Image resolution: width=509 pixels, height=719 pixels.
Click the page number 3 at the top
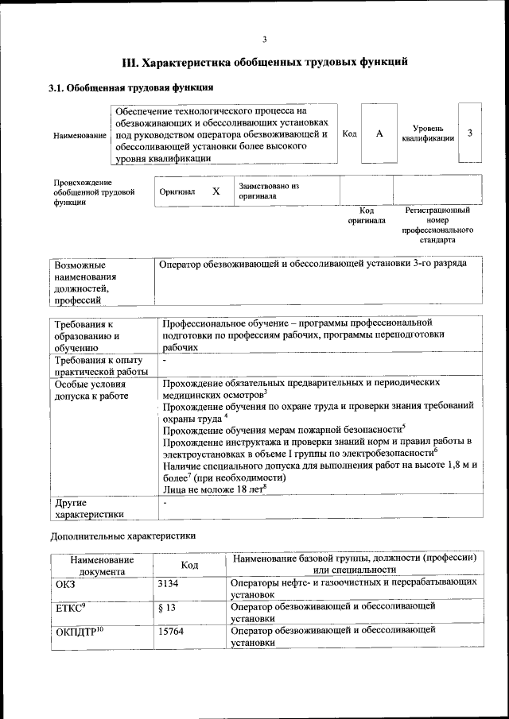[x=264, y=40]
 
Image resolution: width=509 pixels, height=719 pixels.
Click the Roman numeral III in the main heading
[x=130, y=61]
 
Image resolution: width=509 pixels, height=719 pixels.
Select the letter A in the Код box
[x=379, y=133]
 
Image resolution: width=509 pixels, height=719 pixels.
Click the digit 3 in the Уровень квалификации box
[x=470, y=133]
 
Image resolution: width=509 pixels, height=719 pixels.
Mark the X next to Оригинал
[x=216, y=191]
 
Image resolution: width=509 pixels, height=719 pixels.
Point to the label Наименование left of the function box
[x=80, y=136]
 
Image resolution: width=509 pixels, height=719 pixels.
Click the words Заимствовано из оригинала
[x=268, y=190]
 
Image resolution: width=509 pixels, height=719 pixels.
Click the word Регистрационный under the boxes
[x=437, y=211]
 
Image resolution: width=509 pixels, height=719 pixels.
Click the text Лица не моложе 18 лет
[x=212, y=489]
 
